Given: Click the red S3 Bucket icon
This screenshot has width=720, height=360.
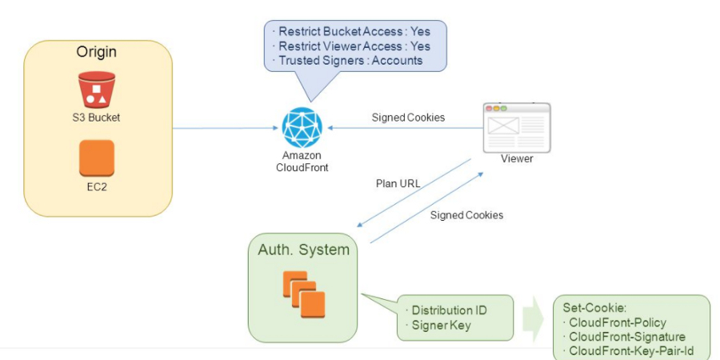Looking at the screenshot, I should (96, 90).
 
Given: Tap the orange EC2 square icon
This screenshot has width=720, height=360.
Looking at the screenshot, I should (96, 158).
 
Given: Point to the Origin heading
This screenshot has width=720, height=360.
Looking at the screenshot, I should (96, 52).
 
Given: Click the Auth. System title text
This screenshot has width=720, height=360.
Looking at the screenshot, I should (303, 250).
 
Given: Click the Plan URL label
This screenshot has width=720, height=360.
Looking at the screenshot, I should (398, 183).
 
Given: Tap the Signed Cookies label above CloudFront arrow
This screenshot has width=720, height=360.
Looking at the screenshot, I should (408, 118).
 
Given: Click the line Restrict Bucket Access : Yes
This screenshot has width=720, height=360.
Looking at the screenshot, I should (353, 33).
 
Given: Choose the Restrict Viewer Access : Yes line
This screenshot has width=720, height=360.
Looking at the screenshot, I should (353, 46).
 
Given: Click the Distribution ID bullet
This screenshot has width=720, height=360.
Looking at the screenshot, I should (448, 310).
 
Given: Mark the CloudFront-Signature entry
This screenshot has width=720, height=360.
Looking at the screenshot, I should (624, 336).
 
